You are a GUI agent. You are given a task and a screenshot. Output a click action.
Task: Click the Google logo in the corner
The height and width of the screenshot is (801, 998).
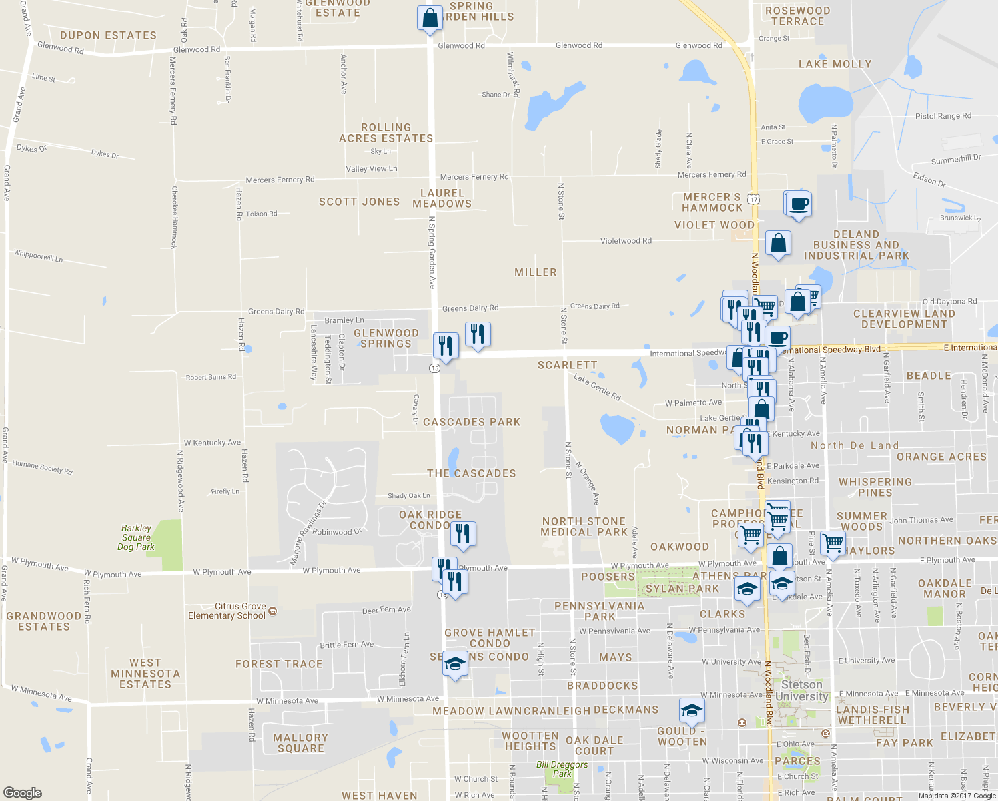(x=23, y=792)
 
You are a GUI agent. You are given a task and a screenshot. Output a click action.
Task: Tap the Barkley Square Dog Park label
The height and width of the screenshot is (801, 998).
(x=136, y=537)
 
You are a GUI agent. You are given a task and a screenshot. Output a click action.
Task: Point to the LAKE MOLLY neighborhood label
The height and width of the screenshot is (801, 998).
(x=835, y=64)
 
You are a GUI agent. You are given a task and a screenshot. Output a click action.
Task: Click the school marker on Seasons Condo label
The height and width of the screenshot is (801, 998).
(x=455, y=663)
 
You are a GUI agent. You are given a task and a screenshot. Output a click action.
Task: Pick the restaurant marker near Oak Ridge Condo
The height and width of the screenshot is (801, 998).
(x=462, y=534)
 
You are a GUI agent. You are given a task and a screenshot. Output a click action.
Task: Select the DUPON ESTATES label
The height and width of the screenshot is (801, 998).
(x=108, y=35)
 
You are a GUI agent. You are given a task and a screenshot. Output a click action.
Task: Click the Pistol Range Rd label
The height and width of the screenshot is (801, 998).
(x=943, y=116)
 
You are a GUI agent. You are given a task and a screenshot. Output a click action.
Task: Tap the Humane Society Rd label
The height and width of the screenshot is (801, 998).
(x=42, y=467)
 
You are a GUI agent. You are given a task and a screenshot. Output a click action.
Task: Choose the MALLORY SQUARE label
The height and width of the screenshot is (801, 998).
(x=300, y=742)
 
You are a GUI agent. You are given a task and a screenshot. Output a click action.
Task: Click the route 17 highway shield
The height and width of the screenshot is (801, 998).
(x=753, y=199)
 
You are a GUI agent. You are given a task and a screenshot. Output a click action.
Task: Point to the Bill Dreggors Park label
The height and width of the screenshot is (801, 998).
(x=562, y=769)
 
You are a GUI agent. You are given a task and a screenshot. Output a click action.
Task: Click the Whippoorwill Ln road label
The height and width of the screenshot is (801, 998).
(x=38, y=256)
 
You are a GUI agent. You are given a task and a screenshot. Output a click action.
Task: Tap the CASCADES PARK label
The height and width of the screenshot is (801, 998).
(x=471, y=422)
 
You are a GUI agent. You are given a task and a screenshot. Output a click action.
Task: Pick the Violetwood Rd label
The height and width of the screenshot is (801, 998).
(x=626, y=241)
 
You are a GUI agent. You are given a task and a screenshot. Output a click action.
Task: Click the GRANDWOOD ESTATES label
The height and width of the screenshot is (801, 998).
(x=44, y=621)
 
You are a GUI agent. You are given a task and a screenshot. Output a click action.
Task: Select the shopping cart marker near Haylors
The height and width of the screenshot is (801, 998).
(x=833, y=543)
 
